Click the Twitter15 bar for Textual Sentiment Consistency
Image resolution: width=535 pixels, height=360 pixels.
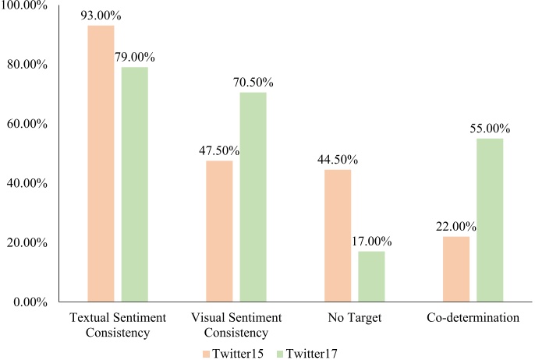tap(101, 164)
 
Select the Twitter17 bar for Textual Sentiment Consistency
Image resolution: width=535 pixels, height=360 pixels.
tap(135, 184)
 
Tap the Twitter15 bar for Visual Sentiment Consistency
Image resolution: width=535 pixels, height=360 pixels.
tap(219, 231)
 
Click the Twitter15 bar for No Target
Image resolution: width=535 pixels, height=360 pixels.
tap(338, 235)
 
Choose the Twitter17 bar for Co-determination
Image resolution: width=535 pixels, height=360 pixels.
tap(490, 220)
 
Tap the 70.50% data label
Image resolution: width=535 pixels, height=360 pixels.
tap(253, 82)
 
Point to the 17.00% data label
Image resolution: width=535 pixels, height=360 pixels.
tap(372, 242)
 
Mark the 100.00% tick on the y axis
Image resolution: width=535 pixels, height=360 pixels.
tap(26, 5)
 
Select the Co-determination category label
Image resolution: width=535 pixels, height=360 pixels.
tap(473, 318)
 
